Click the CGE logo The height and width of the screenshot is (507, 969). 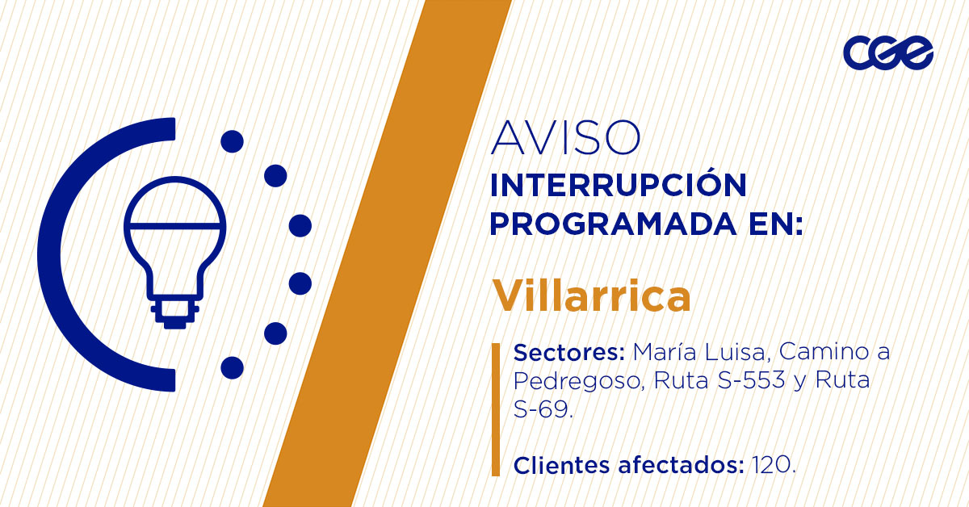[x=887, y=53]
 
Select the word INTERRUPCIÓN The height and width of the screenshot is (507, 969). [x=619, y=186]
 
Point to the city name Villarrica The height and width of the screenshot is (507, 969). [x=592, y=296]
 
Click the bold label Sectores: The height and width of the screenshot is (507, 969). [x=569, y=353]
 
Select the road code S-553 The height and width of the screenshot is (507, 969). [x=752, y=380]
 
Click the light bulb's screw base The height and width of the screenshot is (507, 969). [x=174, y=314]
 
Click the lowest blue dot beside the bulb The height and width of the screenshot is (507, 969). [x=232, y=367]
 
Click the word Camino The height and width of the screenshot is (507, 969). [x=804, y=353]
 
